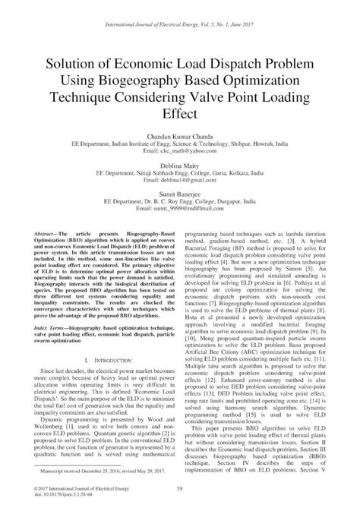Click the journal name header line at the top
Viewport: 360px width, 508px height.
pyautogui.click(x=180, y=12)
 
